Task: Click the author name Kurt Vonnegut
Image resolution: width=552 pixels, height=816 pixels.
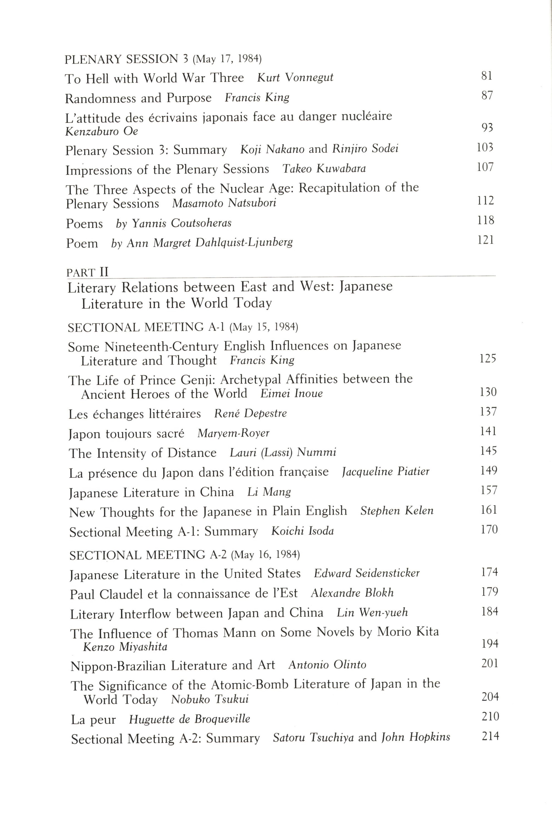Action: [295, 78]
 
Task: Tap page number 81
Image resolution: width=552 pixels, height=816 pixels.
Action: [487, 76]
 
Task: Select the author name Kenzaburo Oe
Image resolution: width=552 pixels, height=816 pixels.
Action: [102, 131]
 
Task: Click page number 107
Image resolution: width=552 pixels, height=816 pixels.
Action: [485, 167]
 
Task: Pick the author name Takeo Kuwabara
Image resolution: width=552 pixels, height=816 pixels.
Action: [324, 169]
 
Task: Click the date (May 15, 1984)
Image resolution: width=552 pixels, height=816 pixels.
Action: [264, 327]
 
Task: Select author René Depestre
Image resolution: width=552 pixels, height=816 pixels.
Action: [250, 413]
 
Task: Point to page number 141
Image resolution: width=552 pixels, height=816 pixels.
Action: [488, 431]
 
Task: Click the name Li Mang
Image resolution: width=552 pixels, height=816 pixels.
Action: [269, 492]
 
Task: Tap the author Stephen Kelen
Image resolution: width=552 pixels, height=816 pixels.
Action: [397, 511]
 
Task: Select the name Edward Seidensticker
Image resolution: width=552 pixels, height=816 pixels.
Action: [367, 573]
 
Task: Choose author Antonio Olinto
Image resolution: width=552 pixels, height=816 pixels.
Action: [327, 665]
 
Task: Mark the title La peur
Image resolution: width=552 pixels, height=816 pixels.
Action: [93, 720]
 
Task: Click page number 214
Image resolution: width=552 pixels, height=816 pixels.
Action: [490, 736]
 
